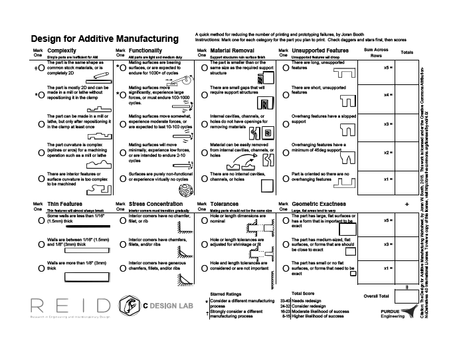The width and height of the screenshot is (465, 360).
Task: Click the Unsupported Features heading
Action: (x=320, y=50)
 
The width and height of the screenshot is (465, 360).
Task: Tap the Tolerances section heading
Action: (x=225, y=204)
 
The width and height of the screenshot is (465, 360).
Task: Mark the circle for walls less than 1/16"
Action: (x=42, y=219)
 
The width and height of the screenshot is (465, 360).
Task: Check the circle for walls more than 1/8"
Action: (x=42, y=266)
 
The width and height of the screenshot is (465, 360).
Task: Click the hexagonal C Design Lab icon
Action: (x=127, y=306)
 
